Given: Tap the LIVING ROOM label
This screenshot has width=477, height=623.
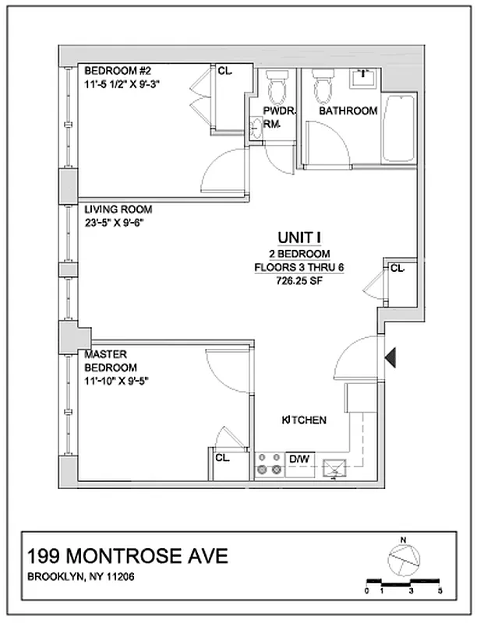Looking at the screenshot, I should [x=118, y=209].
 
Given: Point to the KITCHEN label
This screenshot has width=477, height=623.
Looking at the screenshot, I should [x=303, y=421].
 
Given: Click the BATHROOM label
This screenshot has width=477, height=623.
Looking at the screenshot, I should [x=348, y=111].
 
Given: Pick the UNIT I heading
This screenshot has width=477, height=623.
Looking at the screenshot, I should [x=299, y=238].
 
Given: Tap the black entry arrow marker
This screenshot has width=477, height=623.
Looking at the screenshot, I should [x=393, y=357].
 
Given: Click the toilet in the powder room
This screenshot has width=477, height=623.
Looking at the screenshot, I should [x=277, y=87].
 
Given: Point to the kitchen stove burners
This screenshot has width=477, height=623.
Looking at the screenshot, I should [x=269, y=464].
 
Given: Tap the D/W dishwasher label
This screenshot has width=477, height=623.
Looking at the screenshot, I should [x=299, y=459].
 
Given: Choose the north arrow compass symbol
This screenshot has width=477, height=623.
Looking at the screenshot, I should [x=403, y=560].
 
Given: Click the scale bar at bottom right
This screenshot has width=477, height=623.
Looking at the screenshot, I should [x=403, y=582].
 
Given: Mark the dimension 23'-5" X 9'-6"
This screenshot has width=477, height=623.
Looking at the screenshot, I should [x=115, y=222].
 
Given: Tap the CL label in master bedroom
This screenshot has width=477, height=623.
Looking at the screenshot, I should [x=221, y=458].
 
